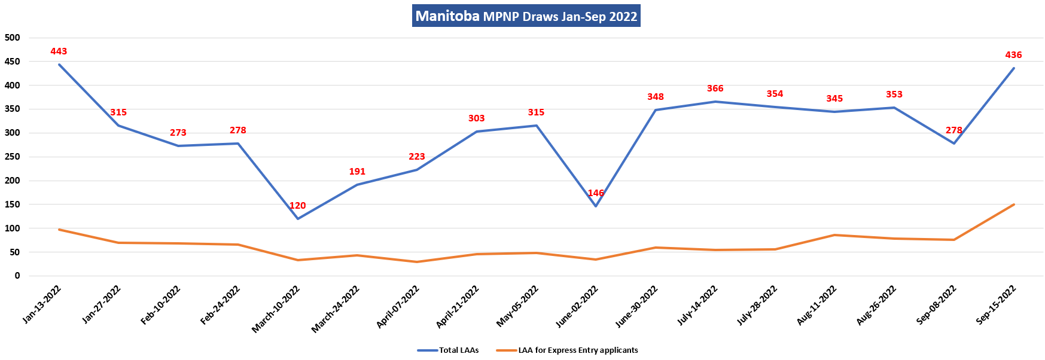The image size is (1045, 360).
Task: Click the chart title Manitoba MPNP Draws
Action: pos(526,16)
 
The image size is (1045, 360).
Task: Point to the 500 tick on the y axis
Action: pos(13,38)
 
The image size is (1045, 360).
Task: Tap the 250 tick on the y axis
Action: pos(13,157)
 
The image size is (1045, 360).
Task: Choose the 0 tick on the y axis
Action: pos(17,276)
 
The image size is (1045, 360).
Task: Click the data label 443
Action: pos(59,51)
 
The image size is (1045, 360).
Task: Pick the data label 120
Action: pos(297,206)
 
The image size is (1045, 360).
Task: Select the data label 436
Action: pos(1013,55)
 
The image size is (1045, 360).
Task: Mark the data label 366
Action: pos(715,89)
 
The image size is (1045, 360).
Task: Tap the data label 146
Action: pos(596,193)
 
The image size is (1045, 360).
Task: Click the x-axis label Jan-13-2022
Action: pos(41,305)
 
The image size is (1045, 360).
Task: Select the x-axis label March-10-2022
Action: pos(276,309)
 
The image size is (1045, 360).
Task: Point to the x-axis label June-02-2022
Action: pos(577,307)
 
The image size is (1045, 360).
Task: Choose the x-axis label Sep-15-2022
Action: pos(996,305)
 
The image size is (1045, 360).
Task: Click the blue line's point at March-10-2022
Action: pos(298,219)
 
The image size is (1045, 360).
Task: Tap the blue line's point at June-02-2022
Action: pos(596,206)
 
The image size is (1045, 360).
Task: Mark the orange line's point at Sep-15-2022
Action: pos(1013,205)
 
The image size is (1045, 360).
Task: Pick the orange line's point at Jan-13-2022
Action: pos(59,230)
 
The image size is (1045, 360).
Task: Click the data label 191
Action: pos(357,172)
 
